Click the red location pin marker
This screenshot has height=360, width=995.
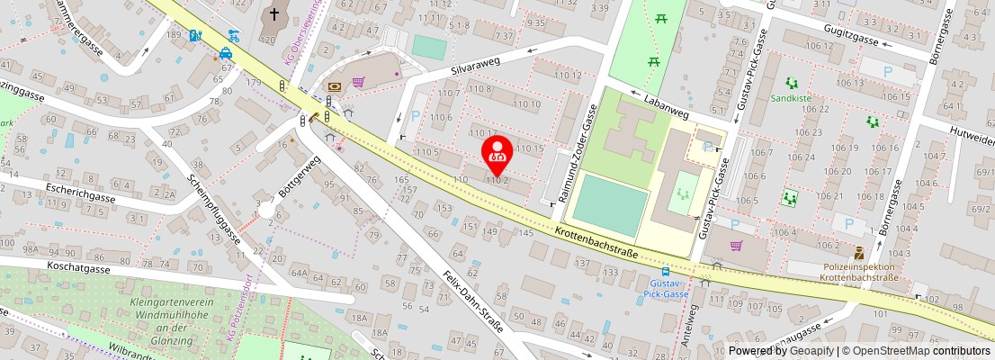[497, 155]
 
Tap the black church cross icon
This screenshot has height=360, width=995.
[273, 15]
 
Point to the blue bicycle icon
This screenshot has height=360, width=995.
[234, 36]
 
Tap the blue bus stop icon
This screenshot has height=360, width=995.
[666, 271]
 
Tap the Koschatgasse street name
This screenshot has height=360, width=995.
[80, 268]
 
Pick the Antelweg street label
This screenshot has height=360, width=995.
[690, 325]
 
